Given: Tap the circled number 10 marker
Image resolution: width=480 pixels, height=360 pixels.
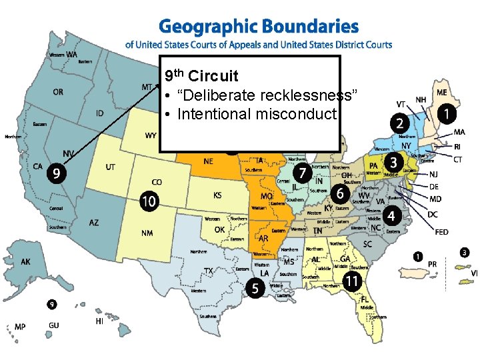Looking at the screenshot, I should pyautogui.click(x=149, y=199).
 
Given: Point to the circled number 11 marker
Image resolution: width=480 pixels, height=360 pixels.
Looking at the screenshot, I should pyautogui.click(x=353, y=281).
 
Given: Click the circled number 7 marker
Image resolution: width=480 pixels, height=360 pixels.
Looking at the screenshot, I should pyautogui.click(x=303, y=173).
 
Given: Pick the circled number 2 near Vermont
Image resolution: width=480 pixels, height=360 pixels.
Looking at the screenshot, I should pyautogui.click(x=399, y=123).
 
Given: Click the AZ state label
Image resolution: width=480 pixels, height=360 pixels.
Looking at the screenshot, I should pyautogui.click(x=94, y=223).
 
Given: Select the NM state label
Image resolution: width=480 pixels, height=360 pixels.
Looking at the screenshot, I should pyautogui.click(x=147, y=233).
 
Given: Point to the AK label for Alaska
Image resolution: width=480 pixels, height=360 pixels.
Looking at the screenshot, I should pyautogui.click(x=25, y=262).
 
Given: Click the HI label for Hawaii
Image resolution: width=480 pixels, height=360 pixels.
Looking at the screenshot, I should pyautogui.click(x=99, y=321).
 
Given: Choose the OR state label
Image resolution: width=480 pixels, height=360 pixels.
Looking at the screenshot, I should pyautogui.click(x=58, y=92).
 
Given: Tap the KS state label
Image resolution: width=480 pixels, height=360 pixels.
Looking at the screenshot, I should pyautogui.click(x=217, y=195).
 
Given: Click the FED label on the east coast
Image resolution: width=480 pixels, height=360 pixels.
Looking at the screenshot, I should pyautogui.click(x=441, y=232).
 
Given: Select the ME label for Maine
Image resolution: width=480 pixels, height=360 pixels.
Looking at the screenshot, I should pyautogui.click(x=441, y=93).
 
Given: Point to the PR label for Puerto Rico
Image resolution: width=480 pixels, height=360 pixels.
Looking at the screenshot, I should pyautogui.click(x=432, y=264).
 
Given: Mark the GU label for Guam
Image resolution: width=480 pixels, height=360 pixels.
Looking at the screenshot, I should pyautogui.click(x=53, y=325).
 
